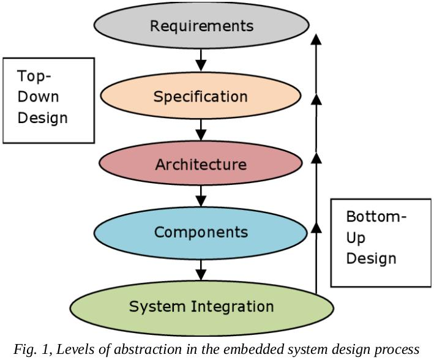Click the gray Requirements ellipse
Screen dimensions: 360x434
pos(201,26)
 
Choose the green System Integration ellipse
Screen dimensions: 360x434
pos(201,306)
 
